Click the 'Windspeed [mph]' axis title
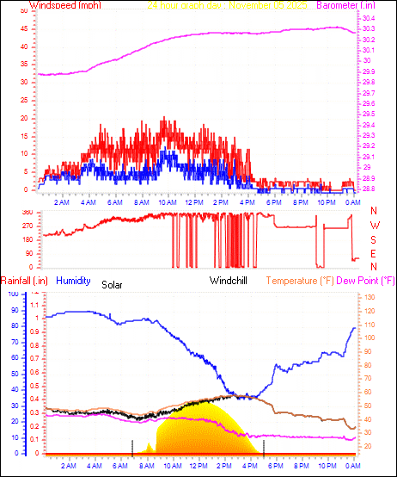pyautogui.click(x=65, y=5)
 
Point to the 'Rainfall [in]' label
pyautogui.click(x=22, y=280)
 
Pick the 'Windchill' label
pyautogui.click(x=229, y=280)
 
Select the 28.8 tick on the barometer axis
pyautogui.click(x=368, y=189)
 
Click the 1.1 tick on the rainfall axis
pyautogui.click(x=34, y=305)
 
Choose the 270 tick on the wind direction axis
pyautogui.click(x=28, y=226)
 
